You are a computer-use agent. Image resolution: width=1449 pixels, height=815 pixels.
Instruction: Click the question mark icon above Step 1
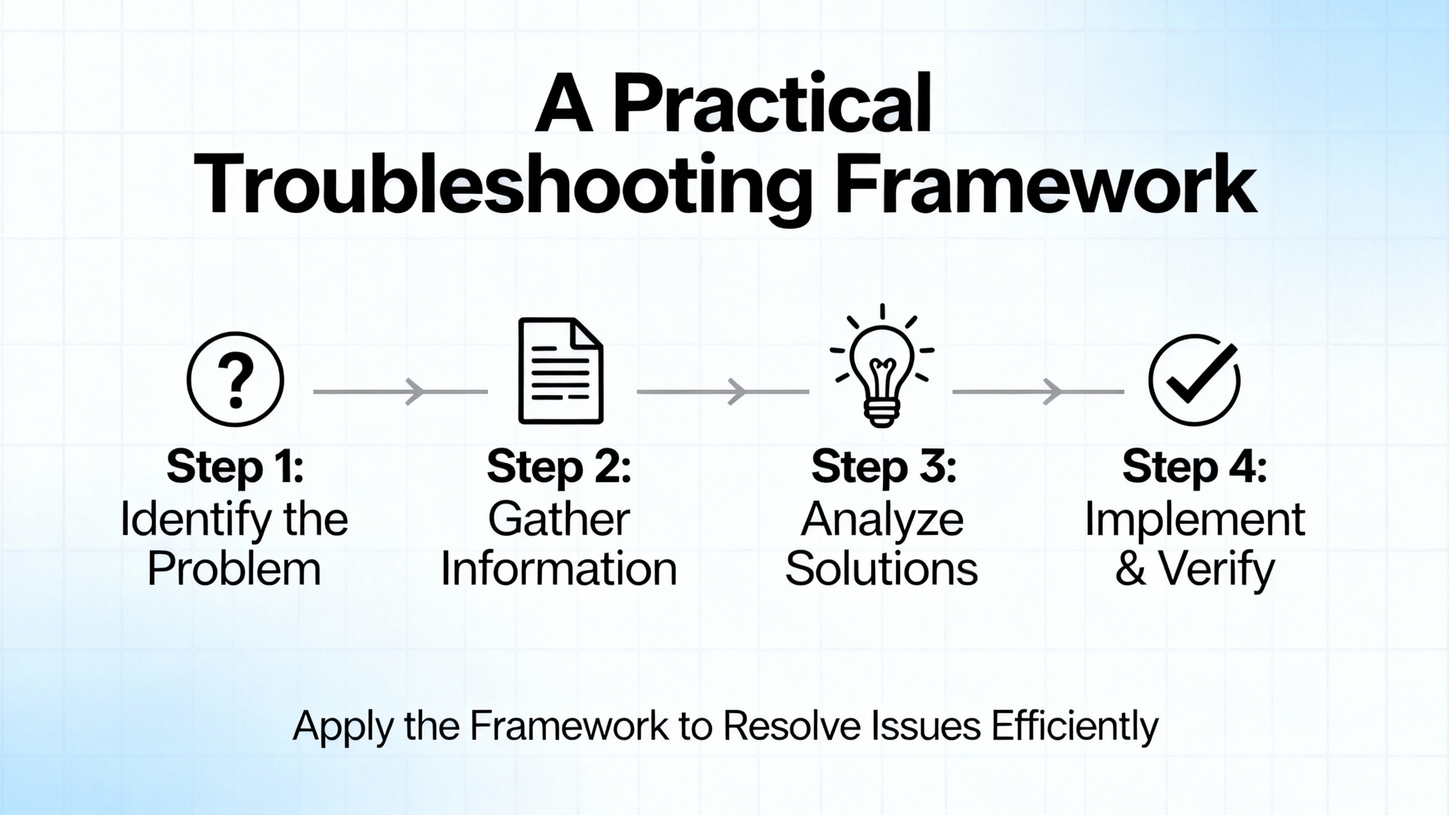click(235, 379)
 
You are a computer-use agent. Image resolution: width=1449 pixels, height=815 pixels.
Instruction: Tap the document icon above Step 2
click(560, 371)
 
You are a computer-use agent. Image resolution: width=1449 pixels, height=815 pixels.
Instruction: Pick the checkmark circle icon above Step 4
click(1194, 380)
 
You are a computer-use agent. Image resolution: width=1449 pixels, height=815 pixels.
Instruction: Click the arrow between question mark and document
click(400, 392)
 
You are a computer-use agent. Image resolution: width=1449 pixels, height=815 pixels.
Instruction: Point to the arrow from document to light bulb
click(723, 392)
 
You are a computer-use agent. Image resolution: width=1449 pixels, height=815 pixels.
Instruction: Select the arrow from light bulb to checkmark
click(1038, 392)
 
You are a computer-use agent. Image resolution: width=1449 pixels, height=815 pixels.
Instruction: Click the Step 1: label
click(235, 467)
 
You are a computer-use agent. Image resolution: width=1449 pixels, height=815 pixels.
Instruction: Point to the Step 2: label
click(559, 467)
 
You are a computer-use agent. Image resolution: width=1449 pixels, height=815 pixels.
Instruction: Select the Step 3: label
click(884, 467)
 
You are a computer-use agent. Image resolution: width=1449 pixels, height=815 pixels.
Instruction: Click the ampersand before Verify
click(1131, 569)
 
